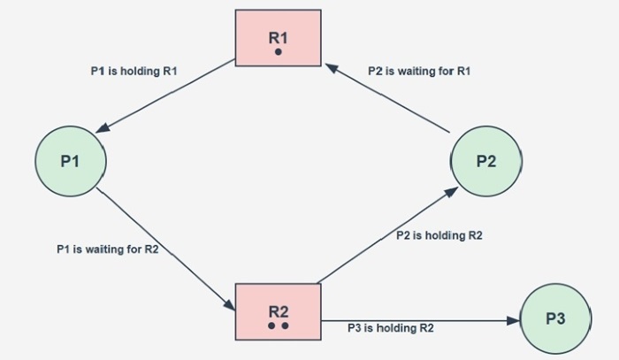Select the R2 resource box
[x=278, y=312]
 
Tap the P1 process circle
[x=71, y=161]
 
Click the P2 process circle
[x=485, y=161]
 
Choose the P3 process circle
[x=555, y=319]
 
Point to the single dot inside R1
[x=278, y=52]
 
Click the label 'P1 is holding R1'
[x=135, y=71]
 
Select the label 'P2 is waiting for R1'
[x=420, y=71]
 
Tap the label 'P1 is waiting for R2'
[x=108, y=249]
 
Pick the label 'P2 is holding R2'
[x=438, y=235]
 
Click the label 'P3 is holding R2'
[x=390, y=328]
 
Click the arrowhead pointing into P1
[x=103, y=129]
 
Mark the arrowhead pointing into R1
[x=329, y=65]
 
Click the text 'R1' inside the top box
[x=278, y=37]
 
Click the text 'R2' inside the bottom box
[x=279, y=310]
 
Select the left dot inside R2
[x=271, y=326]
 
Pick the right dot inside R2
[x=285, y=326]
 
